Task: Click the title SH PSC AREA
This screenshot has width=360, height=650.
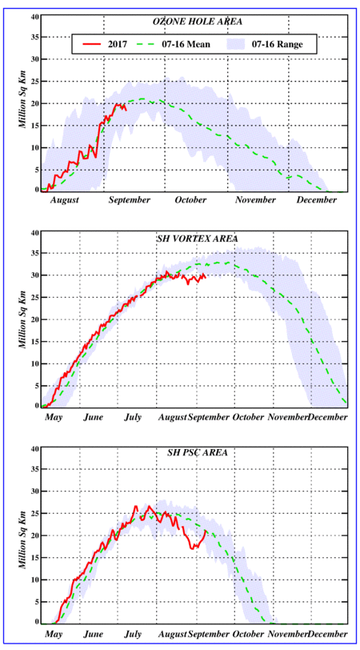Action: tap(194, 452)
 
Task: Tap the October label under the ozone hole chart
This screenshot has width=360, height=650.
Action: tap(190, 200)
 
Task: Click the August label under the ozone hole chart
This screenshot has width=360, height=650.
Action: tap(65, 201)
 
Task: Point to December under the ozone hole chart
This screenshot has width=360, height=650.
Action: tap(317, 200)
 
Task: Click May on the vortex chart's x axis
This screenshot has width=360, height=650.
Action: tap(53, 417)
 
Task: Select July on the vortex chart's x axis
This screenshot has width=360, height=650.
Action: tap(132, 417)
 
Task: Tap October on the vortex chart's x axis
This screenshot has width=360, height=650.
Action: tap(249, 417)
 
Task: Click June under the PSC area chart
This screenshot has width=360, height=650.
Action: tap(93, 634)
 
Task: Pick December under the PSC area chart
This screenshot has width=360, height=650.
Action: tap(327, 634)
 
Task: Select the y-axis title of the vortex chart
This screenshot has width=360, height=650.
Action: tap(25, 320)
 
